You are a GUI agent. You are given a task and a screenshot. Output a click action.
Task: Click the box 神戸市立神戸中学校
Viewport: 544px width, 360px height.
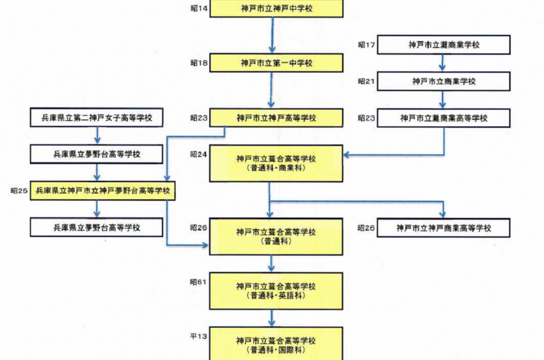pyautogui.click(x=276, y=9)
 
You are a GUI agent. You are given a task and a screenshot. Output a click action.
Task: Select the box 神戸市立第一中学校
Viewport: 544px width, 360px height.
pyautogui.click(x=276, y=63)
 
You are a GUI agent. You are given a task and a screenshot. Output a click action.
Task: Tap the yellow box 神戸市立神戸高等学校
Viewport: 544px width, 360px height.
pyautogui.click(x=276, y=118)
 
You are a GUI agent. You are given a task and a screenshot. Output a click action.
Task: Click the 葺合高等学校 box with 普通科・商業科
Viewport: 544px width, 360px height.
pyautogui.click(x=276, y=163)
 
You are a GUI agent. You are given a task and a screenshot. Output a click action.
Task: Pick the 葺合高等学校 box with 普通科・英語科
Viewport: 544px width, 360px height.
pyautogui.click(x=276, y=291)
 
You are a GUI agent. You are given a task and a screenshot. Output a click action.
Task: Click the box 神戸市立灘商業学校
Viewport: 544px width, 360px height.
pyautogui.click(x=444, y=45)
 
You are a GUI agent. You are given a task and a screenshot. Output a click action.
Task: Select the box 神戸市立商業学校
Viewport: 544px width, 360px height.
pyautogui.click(x=444, y=82)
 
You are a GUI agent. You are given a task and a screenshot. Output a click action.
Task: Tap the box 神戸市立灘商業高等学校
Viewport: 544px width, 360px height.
pyautogui.click(x=444, y=118)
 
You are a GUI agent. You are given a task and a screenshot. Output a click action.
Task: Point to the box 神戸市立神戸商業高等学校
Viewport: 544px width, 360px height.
pyautogui.click(x=444, y=228)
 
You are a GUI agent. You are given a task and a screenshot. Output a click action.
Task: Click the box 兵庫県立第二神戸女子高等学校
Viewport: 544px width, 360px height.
pyautogui.click(x=97, y=118)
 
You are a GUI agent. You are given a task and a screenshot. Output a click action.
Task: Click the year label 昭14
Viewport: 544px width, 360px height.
pyautogui.click(x=199, y=10)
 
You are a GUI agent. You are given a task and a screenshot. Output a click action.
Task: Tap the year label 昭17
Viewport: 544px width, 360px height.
pyautogui.click(x=366, y=45)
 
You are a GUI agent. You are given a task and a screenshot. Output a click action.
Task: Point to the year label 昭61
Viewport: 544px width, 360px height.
pyautogui.click(x=199, y=281)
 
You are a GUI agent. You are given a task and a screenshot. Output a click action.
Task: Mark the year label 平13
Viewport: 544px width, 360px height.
pyautogui.click(x=199, y=336)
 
